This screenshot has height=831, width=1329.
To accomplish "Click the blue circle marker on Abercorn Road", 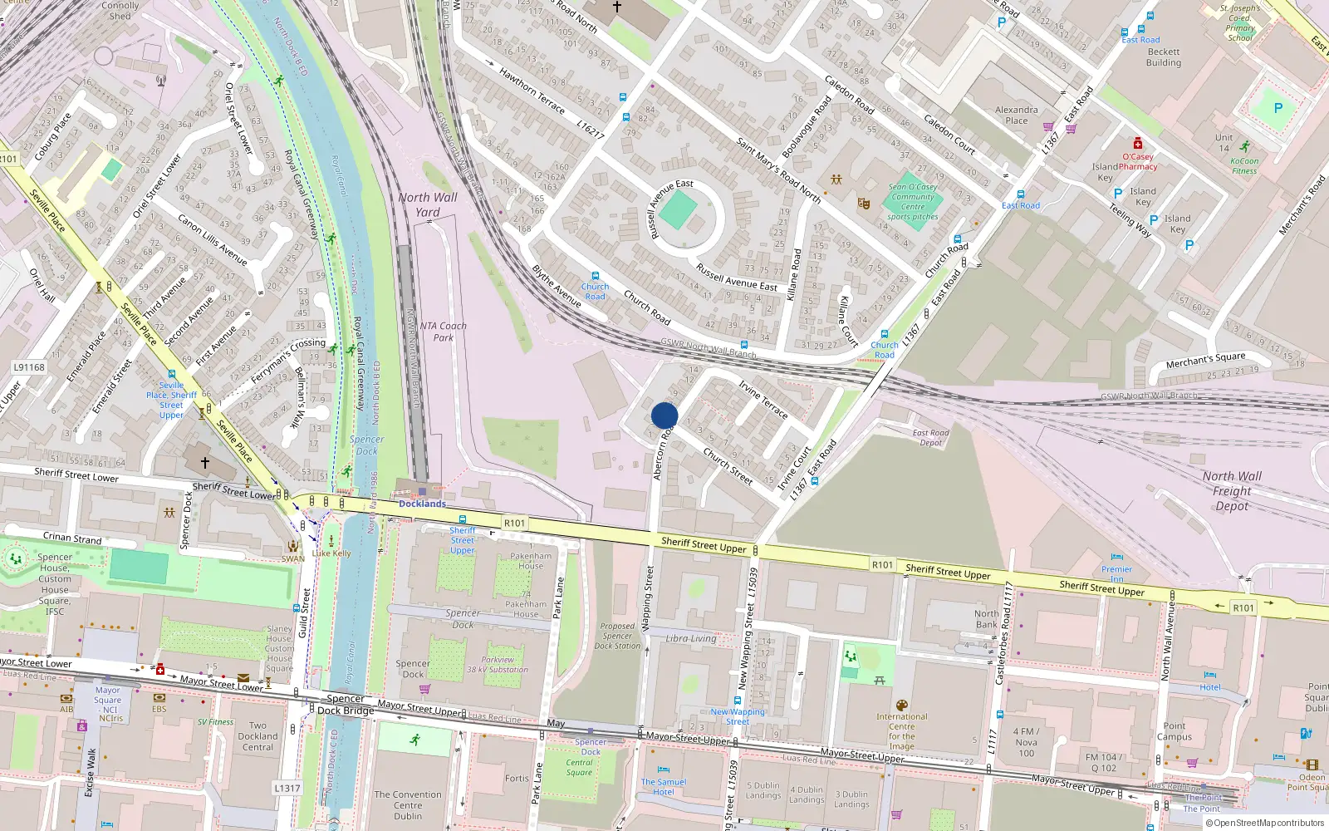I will coord(664,415).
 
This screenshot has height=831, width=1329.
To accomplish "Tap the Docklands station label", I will coord(422,504).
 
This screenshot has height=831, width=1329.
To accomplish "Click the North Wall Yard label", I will coord(427,204).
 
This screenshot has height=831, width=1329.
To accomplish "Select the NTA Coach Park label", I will coord(443,332).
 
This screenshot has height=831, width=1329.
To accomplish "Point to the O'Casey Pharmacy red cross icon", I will coord(1138,144).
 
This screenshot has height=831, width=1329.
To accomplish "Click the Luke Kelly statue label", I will coord(331,553).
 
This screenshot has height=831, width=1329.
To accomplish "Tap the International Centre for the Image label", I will coord(902,731).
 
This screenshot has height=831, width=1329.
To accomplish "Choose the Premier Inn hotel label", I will coord(1116,573).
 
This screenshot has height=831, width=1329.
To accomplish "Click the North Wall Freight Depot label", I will coord(1232,490).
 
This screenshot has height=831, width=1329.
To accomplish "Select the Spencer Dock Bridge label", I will coord(345,705).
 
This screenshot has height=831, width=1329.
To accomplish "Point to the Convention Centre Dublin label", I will coord(408,805).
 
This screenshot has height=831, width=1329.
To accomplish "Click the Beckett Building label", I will coord(1163,57).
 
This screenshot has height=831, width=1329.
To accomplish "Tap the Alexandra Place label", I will coord(1017,115).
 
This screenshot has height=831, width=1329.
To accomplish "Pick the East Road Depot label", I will coord(930,437).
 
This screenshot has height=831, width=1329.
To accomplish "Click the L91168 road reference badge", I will coord(29,367).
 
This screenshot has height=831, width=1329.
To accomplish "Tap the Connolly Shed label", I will coord(120,10).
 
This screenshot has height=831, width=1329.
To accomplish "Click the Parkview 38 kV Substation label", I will coord(498,665).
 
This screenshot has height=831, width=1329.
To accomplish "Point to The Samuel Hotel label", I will coord(663,786).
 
